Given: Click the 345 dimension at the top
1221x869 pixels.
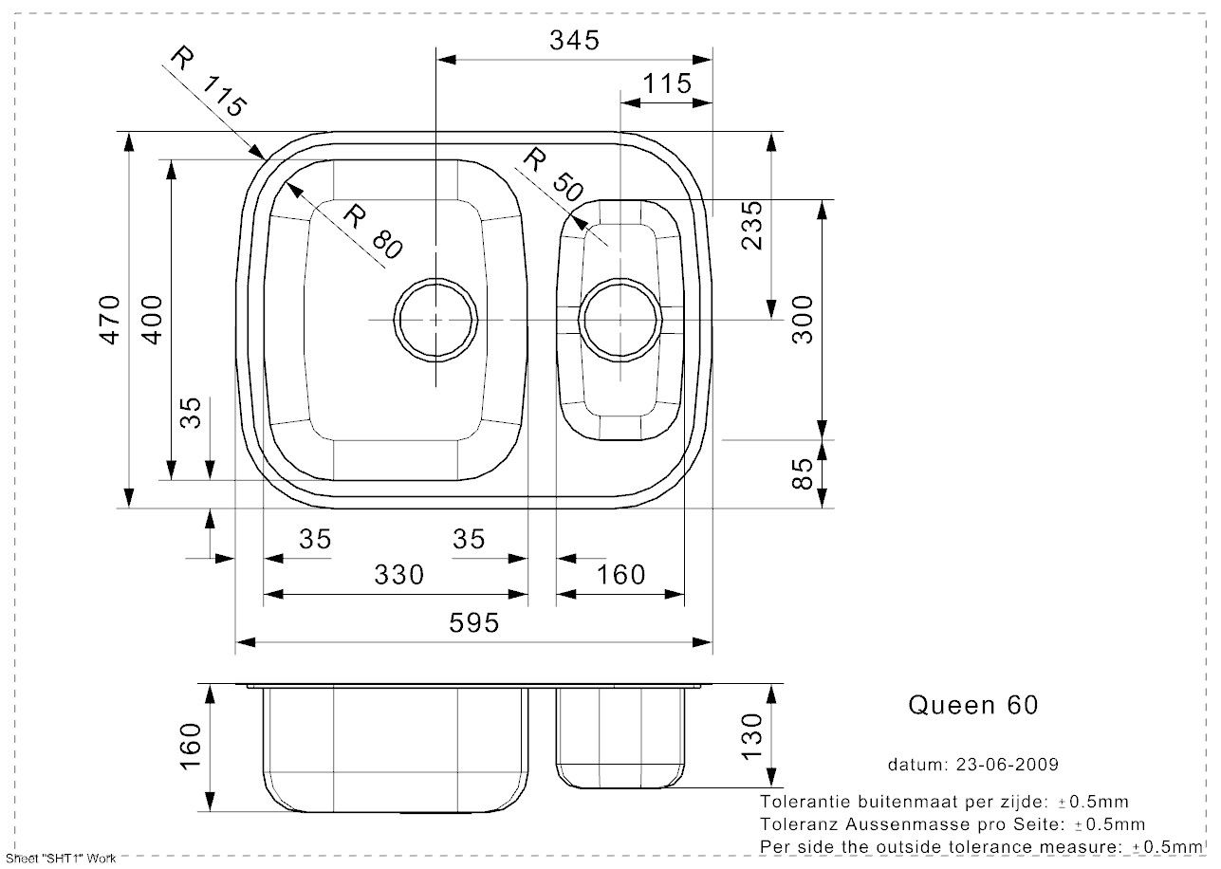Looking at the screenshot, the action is pos(574,41).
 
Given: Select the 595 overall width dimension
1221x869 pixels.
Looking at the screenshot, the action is pos(473,623).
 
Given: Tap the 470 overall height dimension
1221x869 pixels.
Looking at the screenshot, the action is pos(109,320).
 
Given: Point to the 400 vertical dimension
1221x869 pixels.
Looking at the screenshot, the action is pos(152,320).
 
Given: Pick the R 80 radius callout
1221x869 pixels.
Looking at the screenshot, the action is pos(373,231).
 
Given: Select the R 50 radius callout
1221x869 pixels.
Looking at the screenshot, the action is pos(553,175).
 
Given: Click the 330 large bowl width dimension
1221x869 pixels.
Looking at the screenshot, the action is pos(399,575).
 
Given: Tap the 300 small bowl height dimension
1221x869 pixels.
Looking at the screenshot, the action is pos(802,320).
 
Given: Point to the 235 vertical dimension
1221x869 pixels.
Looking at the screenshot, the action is pos(752,225).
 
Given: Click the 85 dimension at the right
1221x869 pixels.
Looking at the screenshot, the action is pos(802,473).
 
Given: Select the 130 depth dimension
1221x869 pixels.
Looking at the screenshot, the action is pos(752,736).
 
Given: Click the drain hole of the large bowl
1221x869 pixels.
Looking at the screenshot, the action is pos(435,279).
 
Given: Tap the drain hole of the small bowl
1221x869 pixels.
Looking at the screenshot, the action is pos(620,279).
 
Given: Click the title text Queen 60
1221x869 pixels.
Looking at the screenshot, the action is pos(973,706).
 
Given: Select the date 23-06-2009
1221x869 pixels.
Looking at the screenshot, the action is pos(1008,765).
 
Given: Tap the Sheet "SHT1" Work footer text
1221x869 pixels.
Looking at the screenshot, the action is pos(61,859).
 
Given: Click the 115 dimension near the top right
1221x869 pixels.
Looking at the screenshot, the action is pos(667,83).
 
